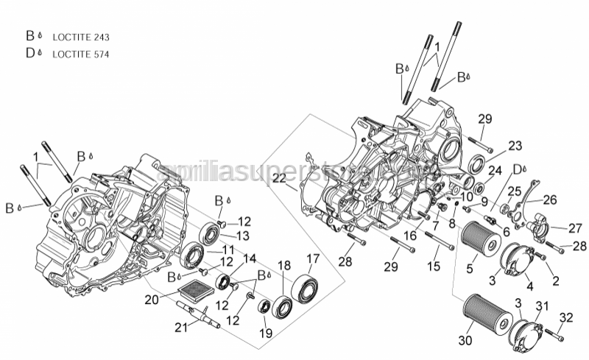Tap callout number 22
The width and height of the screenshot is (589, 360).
pos(280,179)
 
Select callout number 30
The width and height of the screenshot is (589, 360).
pos(465,341)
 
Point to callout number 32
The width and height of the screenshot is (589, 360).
pos(565,317)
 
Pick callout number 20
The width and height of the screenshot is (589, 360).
pos(151,299)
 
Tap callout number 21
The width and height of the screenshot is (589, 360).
pos(181,328)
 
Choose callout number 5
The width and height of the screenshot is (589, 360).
pos(469,269)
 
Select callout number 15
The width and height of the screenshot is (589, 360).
pos(434,266)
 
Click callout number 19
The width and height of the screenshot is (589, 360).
pos(267,333)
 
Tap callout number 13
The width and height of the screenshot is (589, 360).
pos(244,235)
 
